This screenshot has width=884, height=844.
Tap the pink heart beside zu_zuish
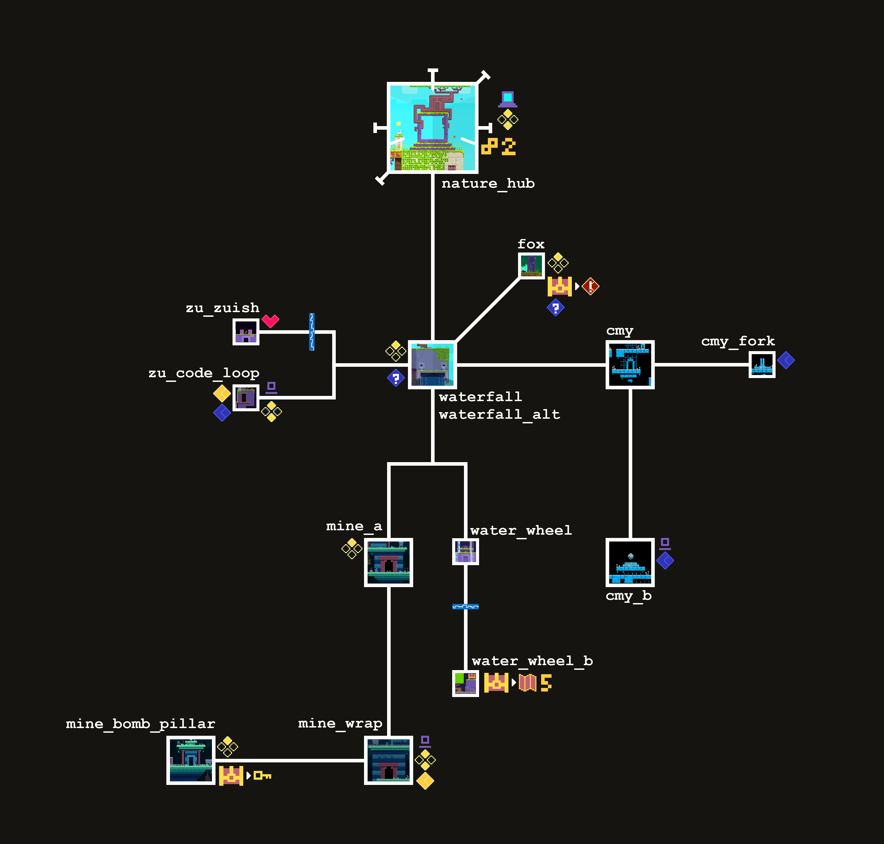coord(270,321)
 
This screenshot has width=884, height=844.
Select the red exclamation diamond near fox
coord(590,286)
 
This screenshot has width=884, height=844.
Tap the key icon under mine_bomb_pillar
coord(262,775)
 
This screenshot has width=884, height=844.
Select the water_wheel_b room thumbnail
coord(465,683)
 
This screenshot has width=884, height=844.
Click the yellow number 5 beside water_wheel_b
coord(546,682)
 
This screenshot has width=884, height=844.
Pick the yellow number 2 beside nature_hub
coord(508,147)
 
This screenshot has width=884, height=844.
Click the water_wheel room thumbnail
coord(465,552)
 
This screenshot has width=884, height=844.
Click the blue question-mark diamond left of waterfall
coord(396,378)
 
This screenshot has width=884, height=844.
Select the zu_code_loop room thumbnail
coord(245,398)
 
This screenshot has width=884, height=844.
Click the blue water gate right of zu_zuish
coord(312,332)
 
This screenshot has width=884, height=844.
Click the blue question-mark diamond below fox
coord(555,308)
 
